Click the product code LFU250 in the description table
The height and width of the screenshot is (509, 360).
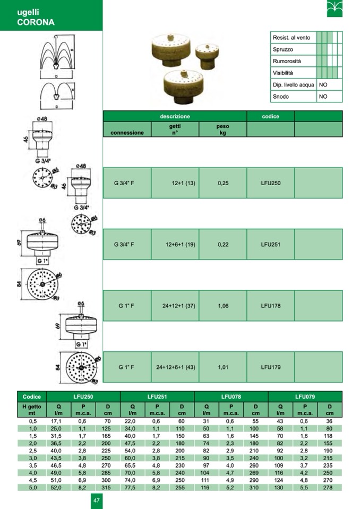[x=270, y=183]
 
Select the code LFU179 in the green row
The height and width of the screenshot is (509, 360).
[x=270, y=367]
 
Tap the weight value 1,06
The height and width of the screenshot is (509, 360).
[x=223, y=306]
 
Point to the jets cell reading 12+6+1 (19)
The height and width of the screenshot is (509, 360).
[x=181, y=245]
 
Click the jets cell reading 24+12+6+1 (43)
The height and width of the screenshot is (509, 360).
[x=176, y=367]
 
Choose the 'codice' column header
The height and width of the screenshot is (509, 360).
[x=270, y=116]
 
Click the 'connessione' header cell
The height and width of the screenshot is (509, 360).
[x=127, y=133]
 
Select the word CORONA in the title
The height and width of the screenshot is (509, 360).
[x=36, y=22]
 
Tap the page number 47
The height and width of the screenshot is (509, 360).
[x=97, y=500]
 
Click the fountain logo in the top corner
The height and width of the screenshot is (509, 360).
[x=335, y=9]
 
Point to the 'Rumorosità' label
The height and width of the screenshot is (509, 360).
[x=287, y=61]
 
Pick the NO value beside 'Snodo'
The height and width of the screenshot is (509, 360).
[x=323, y=97]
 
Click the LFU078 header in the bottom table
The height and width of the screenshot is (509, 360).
[x=231, y=396]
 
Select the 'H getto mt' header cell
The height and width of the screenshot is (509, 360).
[x=32, y=410]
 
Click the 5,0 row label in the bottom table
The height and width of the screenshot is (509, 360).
[x=33, y=488]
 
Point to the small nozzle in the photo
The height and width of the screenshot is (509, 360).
[x=207, y=56]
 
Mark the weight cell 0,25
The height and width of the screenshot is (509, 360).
[x=223, y=183]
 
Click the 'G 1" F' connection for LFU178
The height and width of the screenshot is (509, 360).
[x=126, y=306]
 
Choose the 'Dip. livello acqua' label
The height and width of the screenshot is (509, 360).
[x=294, y=85]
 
